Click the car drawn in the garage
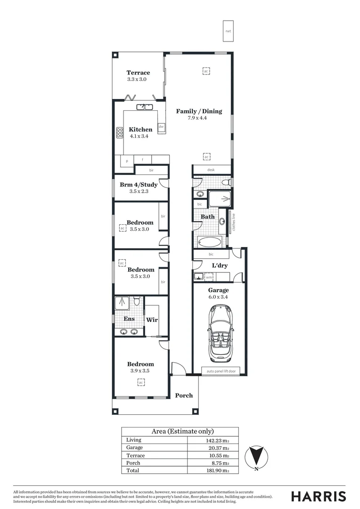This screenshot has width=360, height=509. coord(219,333)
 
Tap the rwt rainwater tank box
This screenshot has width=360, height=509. coord(228,31)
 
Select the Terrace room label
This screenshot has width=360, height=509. coord(138,73)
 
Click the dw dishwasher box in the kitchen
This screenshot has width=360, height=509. coord(161,126)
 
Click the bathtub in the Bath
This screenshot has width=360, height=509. coord(209,242)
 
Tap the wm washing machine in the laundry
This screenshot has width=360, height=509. coord(209,278)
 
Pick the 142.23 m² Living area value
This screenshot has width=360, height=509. coord(217,440)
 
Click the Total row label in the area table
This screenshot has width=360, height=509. coord(133,470)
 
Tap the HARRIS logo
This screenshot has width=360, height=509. coord(318,496)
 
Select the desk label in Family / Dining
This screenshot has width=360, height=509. coord(211,170)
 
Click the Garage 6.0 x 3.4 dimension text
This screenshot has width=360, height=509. coord(218,297)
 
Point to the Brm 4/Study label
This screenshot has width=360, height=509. coord(139,185)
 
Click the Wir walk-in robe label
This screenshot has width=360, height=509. coord(151,320)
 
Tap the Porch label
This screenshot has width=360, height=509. coord(184,395)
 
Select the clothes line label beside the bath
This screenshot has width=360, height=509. coord(232,222)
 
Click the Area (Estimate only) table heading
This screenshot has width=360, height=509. coord(182,431)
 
